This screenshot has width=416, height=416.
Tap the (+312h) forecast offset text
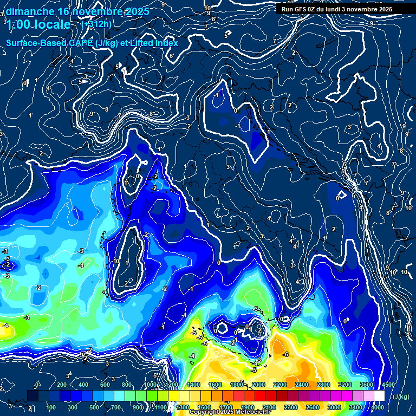pyautogui.click(x=96, y=24)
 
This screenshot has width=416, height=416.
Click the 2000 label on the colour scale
pyautogui.click(x=258, y=385)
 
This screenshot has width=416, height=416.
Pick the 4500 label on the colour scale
pyautogui.click(x=388, y=385)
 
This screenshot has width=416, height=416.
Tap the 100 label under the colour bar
pyautogui.click(x=51, y=407)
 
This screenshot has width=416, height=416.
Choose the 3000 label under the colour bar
pyautogui.click(x=334, y=407)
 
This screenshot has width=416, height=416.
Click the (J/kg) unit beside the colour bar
pyautogui.click(x=401, y=396)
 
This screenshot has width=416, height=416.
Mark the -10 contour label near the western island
pyautogui.click(x=115, y=261)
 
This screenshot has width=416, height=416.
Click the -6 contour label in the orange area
pyautogui.click(x=286, y=354)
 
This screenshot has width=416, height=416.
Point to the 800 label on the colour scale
pyautogui.click(x=127, y=385)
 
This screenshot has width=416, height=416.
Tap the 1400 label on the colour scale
pyautogui.click(x=193, y=385)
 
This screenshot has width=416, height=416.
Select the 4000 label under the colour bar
pyautogui.click(x=378, y=407)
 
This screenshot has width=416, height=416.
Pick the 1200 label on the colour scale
pyautogui.click(x=171, y=385)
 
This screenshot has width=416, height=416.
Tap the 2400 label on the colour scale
pyautogui.click(x=301, y=385)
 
